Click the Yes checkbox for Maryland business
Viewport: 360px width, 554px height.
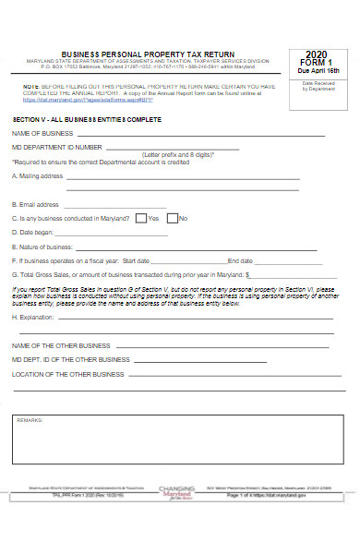click(x=140, y=219)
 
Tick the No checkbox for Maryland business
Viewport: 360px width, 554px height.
click(x=171, y=219)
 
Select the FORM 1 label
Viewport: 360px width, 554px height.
click(x=318, y=63)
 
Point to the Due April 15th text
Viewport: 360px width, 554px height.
click(x=318, y=71)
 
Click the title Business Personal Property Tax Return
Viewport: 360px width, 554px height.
click(x=148, y=54)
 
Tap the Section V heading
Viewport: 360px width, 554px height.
click(x=87, y=120)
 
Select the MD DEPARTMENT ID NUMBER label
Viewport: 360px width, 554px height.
click(x=57, y=147)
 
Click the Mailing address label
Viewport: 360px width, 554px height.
click(x=38, y=175)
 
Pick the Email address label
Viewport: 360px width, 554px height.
click(x=36, y=204)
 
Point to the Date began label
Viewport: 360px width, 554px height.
click(x=33, y=233)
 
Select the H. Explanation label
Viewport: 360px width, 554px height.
click(x=34, y=317)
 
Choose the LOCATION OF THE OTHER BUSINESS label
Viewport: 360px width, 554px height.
click(x=67, y=374)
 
